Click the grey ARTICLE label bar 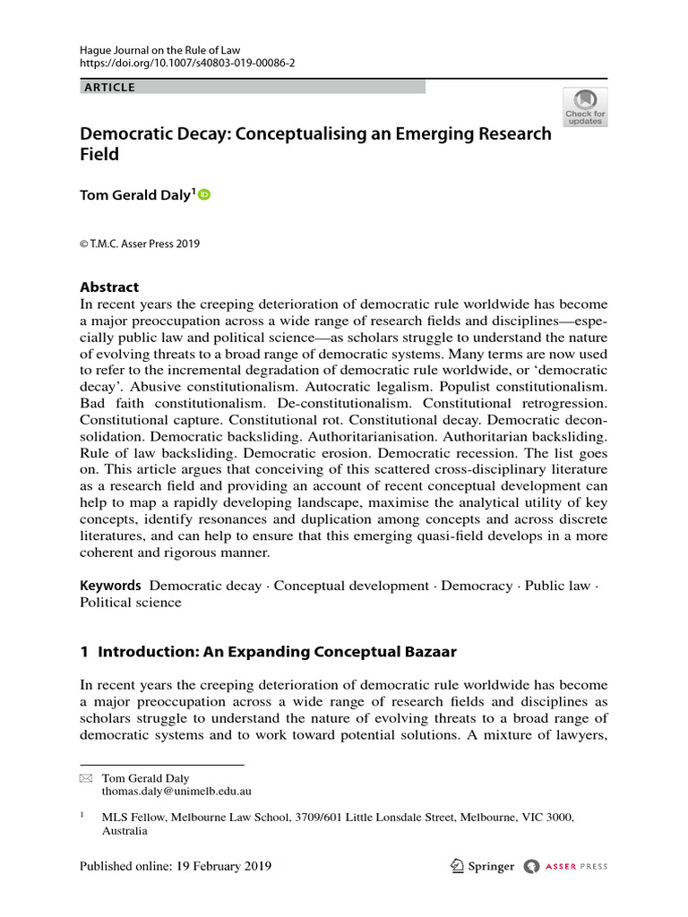253,87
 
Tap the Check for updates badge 585,107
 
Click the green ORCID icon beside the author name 204,194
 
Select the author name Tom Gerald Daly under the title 135,195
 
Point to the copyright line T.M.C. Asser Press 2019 140,244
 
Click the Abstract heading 109,287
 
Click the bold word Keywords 110,586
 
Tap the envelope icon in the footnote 86,779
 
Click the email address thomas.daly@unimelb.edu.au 176,793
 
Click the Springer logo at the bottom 483,866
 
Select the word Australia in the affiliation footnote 125,830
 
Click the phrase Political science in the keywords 130,603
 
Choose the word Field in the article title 99,153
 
